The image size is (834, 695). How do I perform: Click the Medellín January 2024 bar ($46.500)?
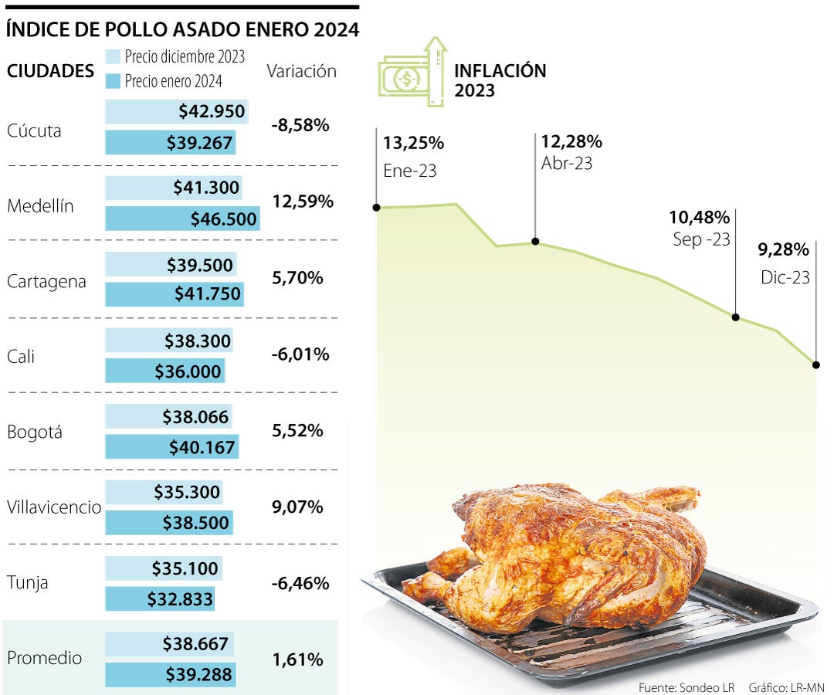coord(182,219)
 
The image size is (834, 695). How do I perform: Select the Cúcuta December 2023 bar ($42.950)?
coord(177,112)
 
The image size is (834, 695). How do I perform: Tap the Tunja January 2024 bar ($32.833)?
coord(160,599)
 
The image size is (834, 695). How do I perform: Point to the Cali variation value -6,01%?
coord(300,354)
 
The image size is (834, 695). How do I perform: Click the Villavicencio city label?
coord(54,507)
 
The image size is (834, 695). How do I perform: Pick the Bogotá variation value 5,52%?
coord(297,431)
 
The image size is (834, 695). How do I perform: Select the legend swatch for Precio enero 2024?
coord(113,80)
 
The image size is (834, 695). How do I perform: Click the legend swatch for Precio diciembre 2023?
coord(113,56)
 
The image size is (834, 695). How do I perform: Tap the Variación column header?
coord(301,71)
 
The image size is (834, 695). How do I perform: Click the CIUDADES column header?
coord(50,71)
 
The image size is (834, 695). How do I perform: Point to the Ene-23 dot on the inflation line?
coord(376,207)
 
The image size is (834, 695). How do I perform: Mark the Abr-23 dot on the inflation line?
coord(535,242)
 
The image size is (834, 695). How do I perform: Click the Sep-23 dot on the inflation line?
coord(735,317)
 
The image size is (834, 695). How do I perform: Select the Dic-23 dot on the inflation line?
coord(815,363)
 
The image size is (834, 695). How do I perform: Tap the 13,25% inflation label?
coord(413,143)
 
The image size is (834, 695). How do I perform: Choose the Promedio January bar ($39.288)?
coord(170,675)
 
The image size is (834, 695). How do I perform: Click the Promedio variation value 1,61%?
coord(297,659)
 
